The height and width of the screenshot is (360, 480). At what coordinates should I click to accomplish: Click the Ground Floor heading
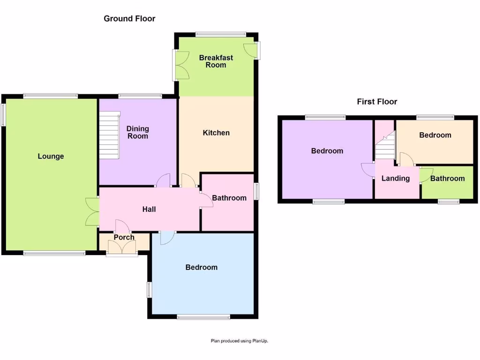[129, 19]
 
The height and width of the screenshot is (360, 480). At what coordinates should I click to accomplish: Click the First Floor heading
[377, 101]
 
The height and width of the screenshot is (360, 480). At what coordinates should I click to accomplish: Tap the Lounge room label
[51, 156]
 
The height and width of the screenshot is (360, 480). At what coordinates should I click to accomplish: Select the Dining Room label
[138, 132]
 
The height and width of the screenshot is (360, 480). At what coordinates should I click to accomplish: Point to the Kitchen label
[216, 133]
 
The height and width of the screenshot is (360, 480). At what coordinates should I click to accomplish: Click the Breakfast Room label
[216, 61]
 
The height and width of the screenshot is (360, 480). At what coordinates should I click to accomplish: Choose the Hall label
[149, 209]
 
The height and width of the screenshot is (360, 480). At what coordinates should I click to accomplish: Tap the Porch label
[124, 237]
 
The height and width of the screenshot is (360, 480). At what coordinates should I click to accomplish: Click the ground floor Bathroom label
[229, 198]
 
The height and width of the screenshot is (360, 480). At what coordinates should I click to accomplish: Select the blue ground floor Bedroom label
[202, 267]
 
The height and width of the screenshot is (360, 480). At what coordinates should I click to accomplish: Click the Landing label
[396, 178]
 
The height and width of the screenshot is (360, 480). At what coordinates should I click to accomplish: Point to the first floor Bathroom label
[448, 178]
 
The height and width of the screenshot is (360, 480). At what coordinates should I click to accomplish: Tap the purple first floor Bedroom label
[327, 151]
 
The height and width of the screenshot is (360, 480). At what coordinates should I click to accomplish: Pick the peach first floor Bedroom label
[435, 135]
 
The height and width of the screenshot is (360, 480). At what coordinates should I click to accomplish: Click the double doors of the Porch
[122, 247]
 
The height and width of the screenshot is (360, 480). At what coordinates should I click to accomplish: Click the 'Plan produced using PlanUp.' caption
[240, 341]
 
